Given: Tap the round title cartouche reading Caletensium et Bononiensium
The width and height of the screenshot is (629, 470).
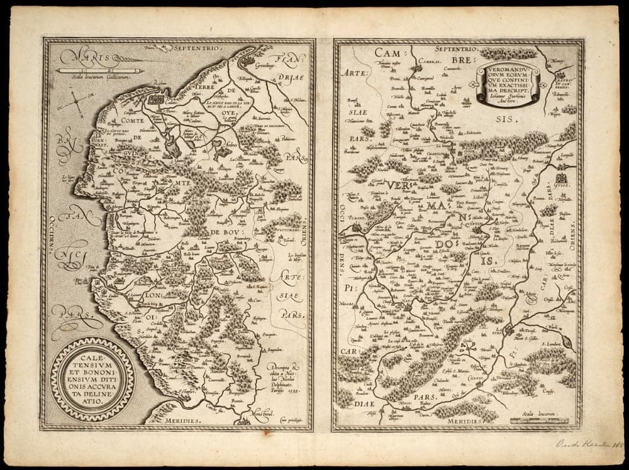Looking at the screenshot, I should [92, 378].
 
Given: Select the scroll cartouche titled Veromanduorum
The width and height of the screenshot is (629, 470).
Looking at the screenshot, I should [508, 84].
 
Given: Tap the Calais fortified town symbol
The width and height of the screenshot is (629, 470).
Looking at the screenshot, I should [155, 100].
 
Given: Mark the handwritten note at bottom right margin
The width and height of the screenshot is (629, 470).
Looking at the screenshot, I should [589, 445].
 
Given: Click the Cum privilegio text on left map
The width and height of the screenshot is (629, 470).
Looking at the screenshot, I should [291, 418].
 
